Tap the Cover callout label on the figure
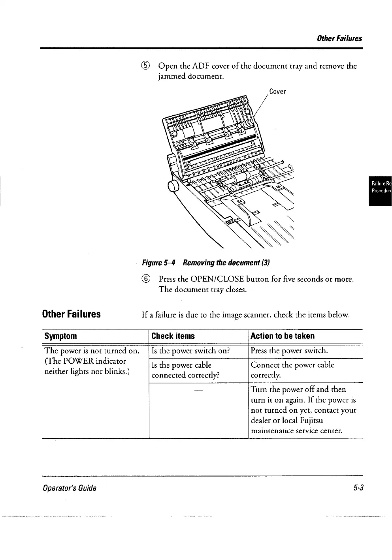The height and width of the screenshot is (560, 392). [x=277, y=92]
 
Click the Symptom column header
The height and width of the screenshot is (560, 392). [x=60, y=336]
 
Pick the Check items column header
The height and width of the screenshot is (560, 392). [x=173, y=336]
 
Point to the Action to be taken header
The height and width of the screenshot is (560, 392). [x=283, y=336]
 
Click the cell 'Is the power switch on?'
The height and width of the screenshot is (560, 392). [x=190, y=351]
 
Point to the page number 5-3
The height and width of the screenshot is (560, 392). [x=358, y=488]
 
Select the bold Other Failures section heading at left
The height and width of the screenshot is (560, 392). [x=72, y=314]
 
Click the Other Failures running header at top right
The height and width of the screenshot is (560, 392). [x=339, y=38]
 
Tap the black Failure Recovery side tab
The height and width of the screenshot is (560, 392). [x=380, y=191]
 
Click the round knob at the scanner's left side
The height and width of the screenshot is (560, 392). [x=174, y=186]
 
